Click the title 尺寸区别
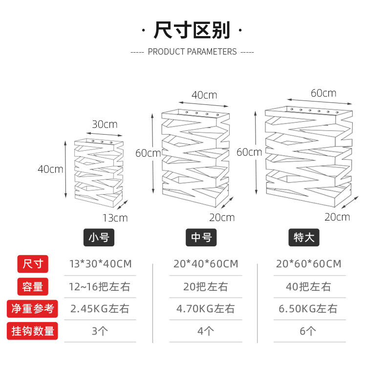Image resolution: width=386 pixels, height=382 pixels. (192, 30)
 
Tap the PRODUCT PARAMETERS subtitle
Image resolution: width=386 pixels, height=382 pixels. (192, 52)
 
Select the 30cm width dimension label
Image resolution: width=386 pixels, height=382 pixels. (105, 124)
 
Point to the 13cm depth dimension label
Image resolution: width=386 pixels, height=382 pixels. (115, 218)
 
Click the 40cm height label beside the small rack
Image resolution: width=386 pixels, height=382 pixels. (50, 169)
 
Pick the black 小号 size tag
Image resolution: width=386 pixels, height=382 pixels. (99, 238)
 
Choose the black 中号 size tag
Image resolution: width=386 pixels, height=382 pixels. (201, 238)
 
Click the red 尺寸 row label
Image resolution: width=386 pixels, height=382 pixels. (33, 264)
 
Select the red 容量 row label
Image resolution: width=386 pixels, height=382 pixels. (33, 286)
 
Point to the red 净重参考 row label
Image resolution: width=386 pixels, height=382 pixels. (33, 309)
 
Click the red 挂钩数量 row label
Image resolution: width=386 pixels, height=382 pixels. (33, 331)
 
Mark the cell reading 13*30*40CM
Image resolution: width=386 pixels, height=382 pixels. (101, 264)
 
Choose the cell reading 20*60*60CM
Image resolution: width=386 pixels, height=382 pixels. (308, 264)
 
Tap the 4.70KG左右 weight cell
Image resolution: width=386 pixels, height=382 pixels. (206, 309)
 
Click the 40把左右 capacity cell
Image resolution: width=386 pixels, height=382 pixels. (308, 286)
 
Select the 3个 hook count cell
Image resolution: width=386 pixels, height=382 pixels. (100, 331)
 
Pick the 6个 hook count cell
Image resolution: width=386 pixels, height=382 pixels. (308, 331)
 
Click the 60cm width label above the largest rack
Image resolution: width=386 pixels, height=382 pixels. (323, 93)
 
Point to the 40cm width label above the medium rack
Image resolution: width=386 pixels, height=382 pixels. (204, 95)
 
